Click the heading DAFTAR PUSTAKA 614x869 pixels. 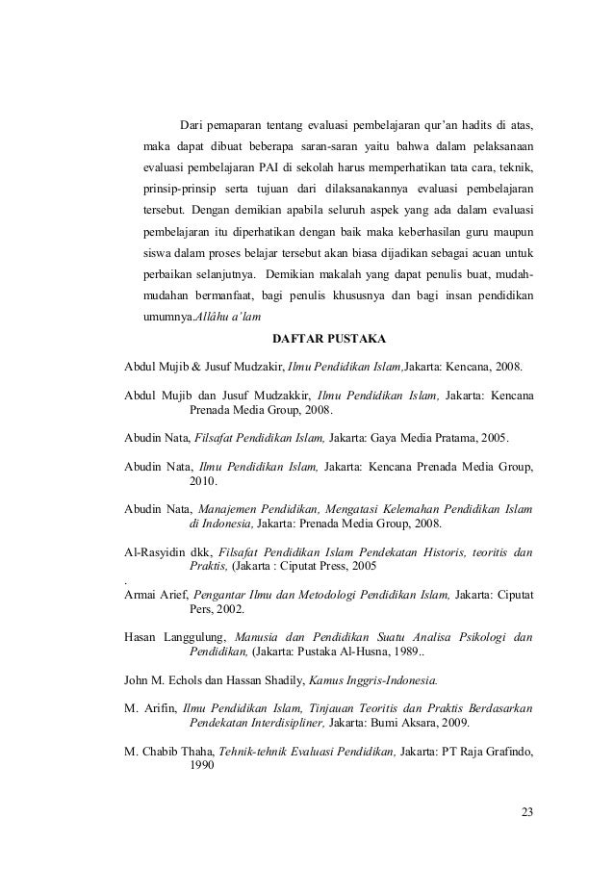pos(330,339)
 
